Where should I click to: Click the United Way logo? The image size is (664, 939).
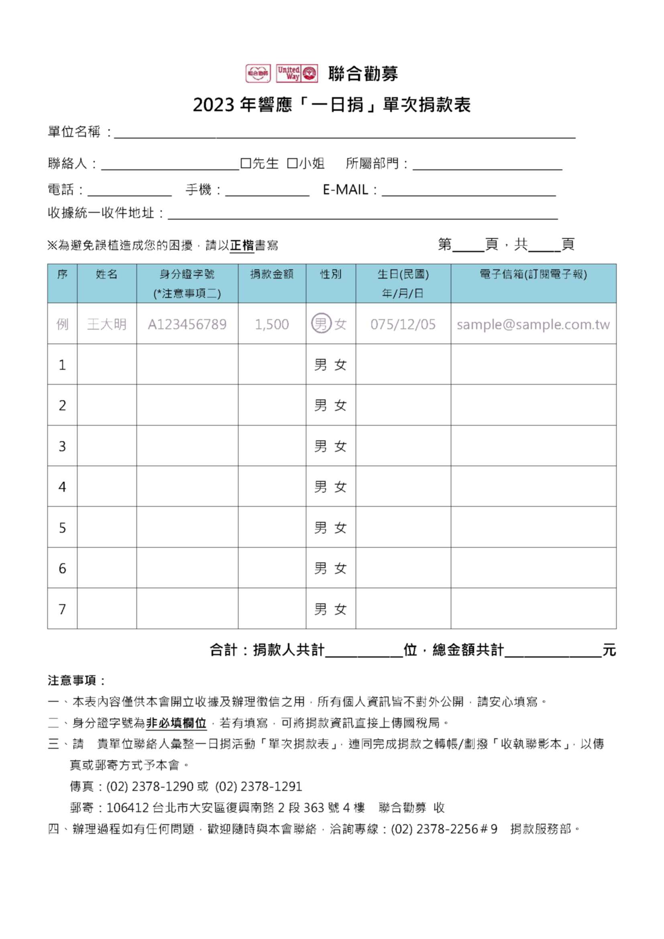297,73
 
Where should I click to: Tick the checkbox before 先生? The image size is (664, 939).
245,163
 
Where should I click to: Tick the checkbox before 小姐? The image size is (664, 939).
292,163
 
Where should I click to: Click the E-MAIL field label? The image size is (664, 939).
345,190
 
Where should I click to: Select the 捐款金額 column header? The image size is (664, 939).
272,275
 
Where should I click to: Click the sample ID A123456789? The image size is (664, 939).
187,324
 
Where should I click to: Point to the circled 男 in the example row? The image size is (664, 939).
321,324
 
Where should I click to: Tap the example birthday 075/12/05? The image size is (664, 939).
403,324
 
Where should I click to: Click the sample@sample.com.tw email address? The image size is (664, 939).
533,324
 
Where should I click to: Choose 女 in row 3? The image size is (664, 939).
340,446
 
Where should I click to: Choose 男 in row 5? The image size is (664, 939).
320,528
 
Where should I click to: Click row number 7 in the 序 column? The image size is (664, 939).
62,609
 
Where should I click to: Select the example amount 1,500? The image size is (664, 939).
272,324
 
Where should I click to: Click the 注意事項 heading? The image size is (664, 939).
76,680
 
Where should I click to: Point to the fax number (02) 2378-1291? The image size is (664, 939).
259,786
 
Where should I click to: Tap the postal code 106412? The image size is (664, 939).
127,807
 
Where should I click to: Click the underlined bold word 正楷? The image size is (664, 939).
242,245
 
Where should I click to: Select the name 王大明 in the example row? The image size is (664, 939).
107,324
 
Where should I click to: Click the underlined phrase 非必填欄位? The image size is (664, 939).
176,723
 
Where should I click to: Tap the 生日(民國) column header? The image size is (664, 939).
403,275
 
